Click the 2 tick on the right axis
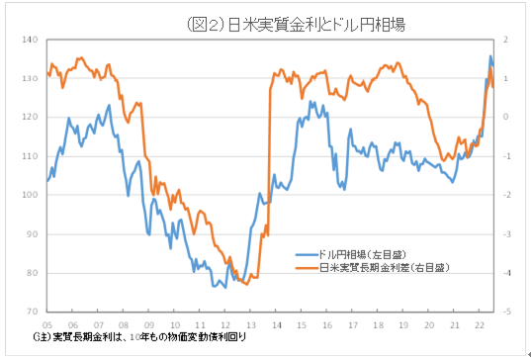coord(504,40)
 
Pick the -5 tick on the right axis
coord(505,312)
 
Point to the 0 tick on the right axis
coord(504,118)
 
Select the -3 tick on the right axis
coord(505,234)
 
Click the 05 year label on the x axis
coord(46,323)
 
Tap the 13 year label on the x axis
coord(249,323)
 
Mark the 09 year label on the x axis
coord(148,323)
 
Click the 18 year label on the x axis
coord(378,323)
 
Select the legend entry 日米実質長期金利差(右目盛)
coord(380,267)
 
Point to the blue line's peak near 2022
coord(490,56)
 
